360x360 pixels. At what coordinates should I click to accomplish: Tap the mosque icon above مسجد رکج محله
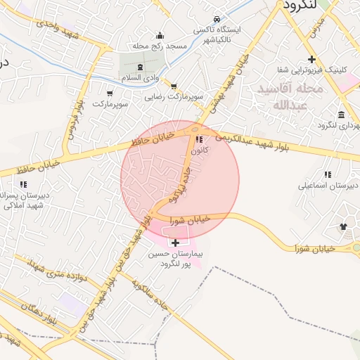click(x=160, y=36)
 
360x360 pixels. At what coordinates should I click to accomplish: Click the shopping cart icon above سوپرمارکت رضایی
click(x=174, y=86)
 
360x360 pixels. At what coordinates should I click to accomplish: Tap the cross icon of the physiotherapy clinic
click(x=311, y=59)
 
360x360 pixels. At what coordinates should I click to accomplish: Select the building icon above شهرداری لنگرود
click(x=341, y=115)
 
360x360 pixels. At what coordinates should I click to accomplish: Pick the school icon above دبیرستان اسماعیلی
click(x=328, y=174)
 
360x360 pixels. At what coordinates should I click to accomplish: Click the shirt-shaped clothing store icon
click(x=344, y=226)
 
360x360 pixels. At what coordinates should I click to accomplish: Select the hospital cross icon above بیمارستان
click(x=175, y=243)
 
